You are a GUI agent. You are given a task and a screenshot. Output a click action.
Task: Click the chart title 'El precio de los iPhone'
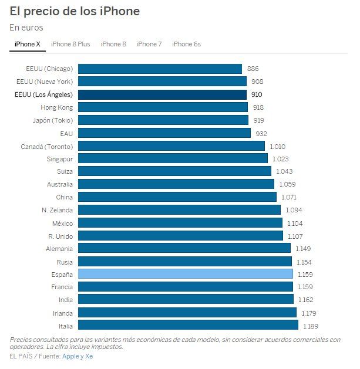point(75,11)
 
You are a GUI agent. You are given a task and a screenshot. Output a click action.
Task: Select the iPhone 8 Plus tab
point(70,44)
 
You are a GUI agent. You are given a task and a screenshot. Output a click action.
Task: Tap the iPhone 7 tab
point(149,44)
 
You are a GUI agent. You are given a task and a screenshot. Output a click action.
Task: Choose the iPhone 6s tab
point(186,44)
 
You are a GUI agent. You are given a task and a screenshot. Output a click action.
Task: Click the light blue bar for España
point(185,274)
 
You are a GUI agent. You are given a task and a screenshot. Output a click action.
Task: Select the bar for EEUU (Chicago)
point(160,69)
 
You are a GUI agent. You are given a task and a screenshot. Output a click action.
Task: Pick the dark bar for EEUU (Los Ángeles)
point(162,94)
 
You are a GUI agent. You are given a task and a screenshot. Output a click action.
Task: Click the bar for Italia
point(188,325)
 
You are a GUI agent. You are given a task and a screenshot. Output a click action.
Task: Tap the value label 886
point(253,69)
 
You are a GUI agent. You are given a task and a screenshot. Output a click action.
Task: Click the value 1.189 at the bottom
point(310,326)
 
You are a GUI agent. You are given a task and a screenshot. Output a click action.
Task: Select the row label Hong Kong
point(56,107)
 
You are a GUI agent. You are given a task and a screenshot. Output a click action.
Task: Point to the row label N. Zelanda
point(57,210)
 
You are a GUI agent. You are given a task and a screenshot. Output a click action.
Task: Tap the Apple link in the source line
point(70,356)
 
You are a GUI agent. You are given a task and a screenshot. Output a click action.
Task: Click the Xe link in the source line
point(89,356)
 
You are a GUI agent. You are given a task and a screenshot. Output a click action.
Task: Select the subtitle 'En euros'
point(26,28)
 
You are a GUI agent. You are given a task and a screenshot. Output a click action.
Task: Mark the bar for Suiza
point(174,171)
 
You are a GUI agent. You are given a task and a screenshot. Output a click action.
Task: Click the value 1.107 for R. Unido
point(295,236)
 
